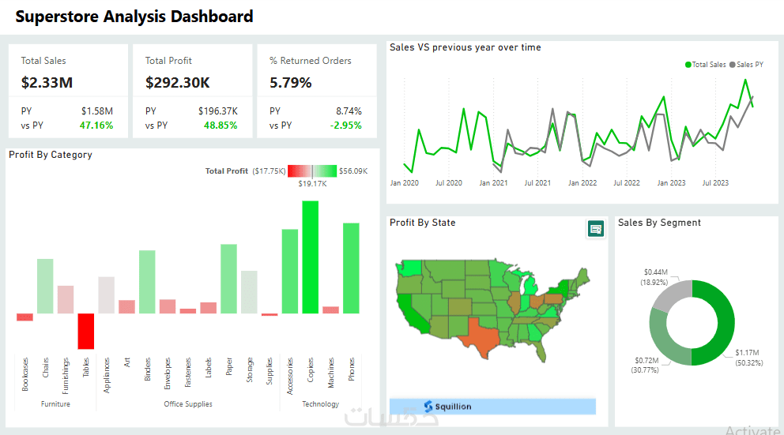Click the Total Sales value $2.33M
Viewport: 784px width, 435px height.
[47, 82]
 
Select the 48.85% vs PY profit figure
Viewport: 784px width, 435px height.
[220, 126]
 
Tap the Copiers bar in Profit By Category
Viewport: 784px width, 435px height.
[311, 257]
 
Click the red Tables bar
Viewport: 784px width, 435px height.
[86, 331]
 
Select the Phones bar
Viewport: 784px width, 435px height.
[351, 268]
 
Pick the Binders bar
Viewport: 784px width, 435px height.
[147, 282]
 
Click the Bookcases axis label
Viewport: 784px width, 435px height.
[25, 374]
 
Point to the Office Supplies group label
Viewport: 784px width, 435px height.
[188, 404]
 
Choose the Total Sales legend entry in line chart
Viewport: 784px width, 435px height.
[706, 65]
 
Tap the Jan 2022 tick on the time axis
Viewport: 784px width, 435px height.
[582, 183]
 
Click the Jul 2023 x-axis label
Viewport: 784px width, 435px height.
[716, 183]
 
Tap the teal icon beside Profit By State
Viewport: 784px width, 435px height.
[596, 229]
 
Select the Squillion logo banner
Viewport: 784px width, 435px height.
[492, 407]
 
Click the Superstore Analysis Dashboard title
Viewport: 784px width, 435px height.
[134, 17]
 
